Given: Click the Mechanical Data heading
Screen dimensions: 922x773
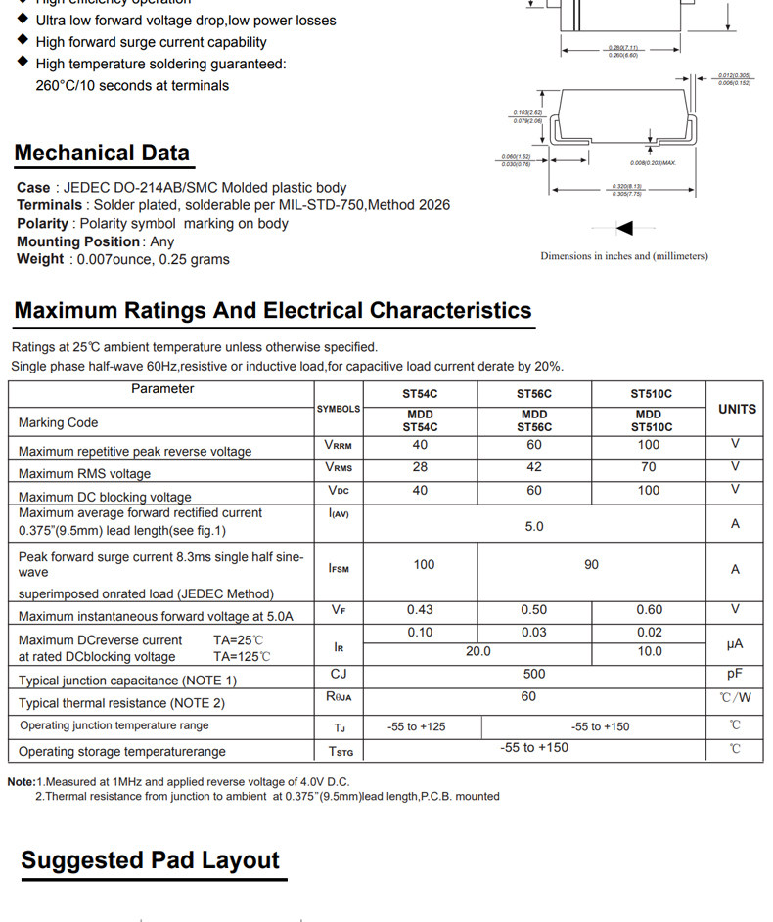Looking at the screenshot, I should (x=102, y=154).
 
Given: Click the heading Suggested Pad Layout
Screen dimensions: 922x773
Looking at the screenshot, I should (x=150, y=860).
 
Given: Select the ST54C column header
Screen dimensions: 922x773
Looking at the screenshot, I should (x=420, y=394).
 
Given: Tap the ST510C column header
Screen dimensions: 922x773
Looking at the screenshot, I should (x=651, y=394).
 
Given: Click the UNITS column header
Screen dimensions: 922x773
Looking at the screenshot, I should (x=736, y=409).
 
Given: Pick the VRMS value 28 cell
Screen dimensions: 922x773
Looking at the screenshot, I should (x=420, y=467).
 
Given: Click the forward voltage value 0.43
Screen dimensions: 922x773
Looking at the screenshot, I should (x=420, y=610).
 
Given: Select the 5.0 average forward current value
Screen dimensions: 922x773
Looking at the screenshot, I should (x=534, y=526).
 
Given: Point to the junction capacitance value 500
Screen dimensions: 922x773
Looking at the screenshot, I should (x=534, y=675).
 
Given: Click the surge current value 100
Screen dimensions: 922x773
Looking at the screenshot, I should (x=424, y=565).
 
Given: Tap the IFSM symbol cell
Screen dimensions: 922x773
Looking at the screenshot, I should (x=339, y=568).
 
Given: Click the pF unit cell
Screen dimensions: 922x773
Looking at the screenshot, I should (x=735, y=675).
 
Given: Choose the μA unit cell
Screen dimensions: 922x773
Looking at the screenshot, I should (x=735, y=644).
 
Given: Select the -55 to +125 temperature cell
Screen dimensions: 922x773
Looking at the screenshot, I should (x=417, y=726).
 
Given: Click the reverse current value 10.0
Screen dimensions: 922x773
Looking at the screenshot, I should (x=650, y=651).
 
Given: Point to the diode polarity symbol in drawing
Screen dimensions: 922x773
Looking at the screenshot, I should (x=623, y=228).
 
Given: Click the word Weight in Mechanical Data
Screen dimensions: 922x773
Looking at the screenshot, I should (x=39, y=259).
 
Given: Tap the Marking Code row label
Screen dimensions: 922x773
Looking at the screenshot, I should (x=59, y=423).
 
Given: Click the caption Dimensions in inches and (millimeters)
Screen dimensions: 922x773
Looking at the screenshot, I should (x=623, y=256).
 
